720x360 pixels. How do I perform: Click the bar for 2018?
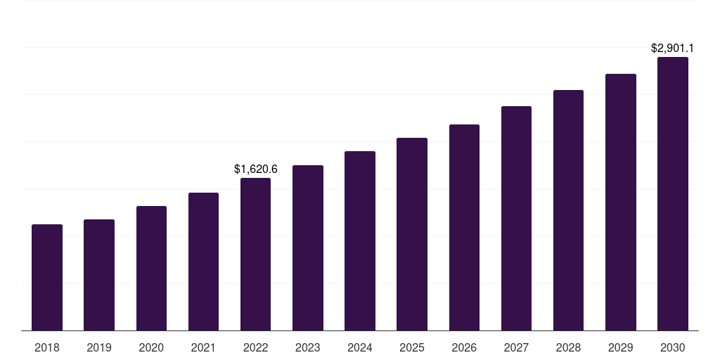tap(47, 278)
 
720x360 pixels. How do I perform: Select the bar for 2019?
tap(99, 275)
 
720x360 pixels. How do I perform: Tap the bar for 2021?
tap(203, 262)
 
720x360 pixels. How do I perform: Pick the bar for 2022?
tap(255, 255)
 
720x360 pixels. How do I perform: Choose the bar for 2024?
tap(360, 241)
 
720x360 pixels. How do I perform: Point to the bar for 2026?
tap(464, 228)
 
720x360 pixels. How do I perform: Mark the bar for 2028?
tap(568, 210)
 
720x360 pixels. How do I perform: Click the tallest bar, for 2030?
tap(673, 194)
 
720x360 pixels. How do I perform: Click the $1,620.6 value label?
tap(256, 169)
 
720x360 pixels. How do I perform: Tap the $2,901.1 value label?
tap(673, 49)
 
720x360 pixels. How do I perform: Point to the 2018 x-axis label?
tap(47, 347)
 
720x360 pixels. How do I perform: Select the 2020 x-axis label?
tap(151, 347)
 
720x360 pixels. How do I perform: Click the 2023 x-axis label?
tap(308, 347)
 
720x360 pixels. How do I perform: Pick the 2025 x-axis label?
tap(412, 347)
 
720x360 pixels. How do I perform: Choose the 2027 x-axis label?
tap(516, 347)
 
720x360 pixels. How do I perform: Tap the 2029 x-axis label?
tap(621, 347)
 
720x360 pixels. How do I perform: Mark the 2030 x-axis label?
tap(673, 347)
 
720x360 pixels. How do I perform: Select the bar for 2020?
tap(151, 269)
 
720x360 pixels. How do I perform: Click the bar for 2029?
tap(621, 202)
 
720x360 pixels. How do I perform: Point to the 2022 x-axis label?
tap(255, 347)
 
